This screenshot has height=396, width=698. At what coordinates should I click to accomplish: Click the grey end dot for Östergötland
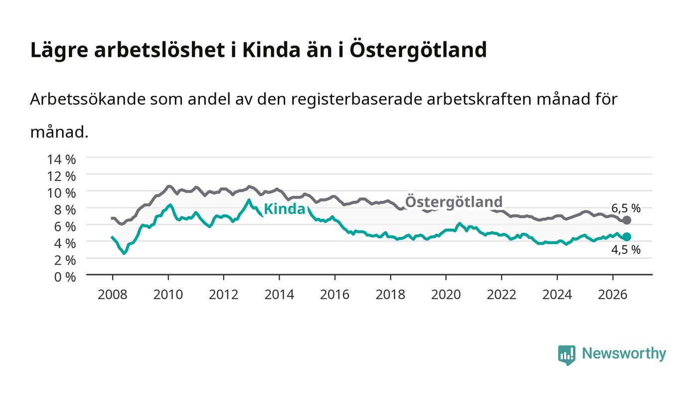627,220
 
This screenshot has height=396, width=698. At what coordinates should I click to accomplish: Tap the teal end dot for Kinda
627,237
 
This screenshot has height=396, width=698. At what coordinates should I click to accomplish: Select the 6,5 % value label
626,208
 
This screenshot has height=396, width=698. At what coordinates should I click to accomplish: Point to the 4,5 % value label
626,249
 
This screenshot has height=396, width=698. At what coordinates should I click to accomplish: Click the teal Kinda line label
284,209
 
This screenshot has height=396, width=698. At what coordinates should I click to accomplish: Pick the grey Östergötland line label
454,201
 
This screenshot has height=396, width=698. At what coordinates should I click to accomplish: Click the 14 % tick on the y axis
61,159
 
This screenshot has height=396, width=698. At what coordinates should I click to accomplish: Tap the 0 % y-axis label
65,277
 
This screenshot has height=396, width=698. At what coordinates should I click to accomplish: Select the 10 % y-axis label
61,193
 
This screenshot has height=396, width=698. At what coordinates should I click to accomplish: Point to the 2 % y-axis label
65,260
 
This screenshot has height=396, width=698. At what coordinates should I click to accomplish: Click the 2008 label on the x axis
113,294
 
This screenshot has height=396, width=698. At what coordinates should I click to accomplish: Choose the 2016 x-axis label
335,294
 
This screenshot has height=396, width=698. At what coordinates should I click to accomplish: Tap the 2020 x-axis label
446,294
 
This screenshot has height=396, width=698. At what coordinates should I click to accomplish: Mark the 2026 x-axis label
613,294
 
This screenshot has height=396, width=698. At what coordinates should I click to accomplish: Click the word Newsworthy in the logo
624,354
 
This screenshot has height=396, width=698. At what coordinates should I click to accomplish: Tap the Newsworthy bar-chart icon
566,355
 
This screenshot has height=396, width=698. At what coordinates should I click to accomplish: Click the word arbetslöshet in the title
160,50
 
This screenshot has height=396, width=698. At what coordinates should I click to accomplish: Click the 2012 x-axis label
223,294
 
